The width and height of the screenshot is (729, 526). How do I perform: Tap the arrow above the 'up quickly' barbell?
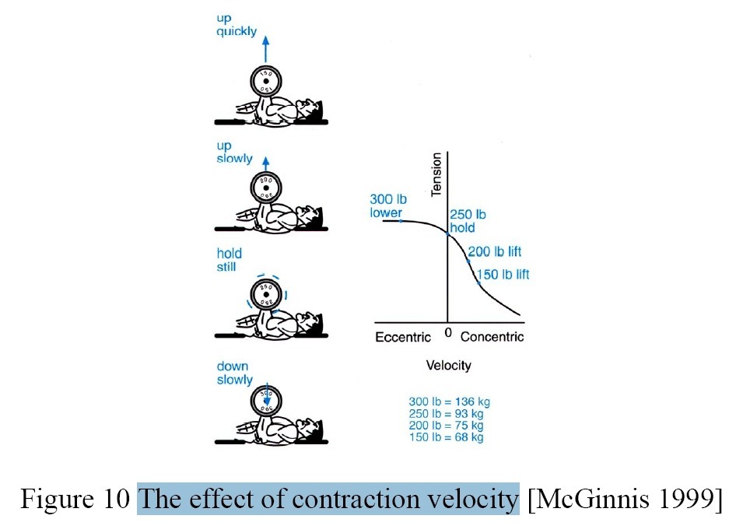pos(266,49)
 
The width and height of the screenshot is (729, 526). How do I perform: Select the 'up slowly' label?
pos(234,153)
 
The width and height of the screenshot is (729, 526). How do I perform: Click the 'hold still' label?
pos(230,260)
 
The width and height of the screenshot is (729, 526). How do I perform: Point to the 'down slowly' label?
pos(234,373)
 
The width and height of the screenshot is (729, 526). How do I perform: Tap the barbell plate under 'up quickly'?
pos(266,80)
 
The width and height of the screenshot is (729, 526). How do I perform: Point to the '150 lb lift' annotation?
pos(503,274)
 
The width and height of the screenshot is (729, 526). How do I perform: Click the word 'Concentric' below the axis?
pos(492,337)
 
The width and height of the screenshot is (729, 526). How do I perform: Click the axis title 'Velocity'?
pos(448,365)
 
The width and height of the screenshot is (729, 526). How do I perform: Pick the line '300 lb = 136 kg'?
pos(449,402)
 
